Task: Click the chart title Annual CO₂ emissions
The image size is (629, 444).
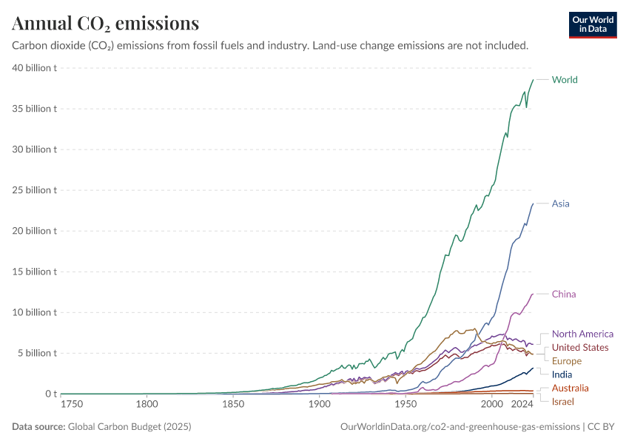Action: point(105,24)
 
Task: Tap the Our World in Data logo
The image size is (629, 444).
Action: point(592,24)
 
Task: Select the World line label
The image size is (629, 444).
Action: point(565,80)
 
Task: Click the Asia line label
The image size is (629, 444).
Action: point(561,203)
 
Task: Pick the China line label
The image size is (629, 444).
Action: point(564,295)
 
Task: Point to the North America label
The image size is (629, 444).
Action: point(582,334)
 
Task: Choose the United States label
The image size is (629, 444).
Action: point(580,348)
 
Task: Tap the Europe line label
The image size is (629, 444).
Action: point(567,361)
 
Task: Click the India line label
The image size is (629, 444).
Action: point(562,374)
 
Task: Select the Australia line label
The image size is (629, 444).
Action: point(571,388)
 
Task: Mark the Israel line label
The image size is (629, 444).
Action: point(563,402)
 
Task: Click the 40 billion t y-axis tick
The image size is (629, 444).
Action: point(35,68)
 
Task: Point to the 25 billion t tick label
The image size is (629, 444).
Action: point(35,190)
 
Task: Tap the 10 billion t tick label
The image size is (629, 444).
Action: point(35,312)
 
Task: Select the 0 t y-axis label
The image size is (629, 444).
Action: point(50,394)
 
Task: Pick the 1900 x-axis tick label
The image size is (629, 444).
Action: point(319,405)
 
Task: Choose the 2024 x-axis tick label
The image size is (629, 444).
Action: point(522,405)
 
